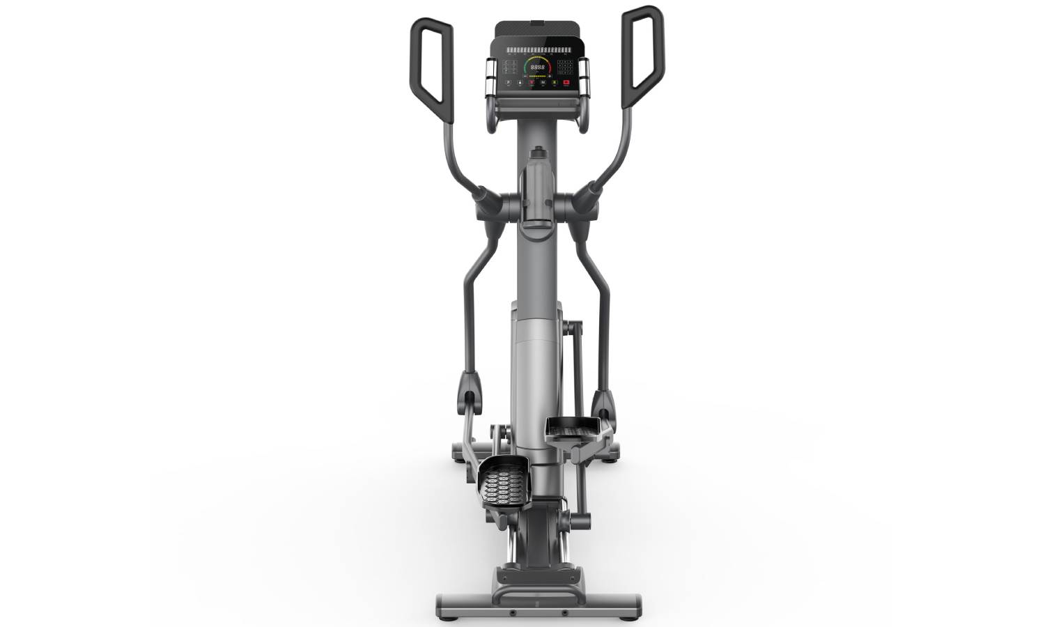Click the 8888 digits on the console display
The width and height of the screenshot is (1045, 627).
(537, 68)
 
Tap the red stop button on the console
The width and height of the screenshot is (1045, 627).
(566, 83)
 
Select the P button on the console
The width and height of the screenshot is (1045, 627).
(508, 83)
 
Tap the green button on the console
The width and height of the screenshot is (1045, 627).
(555, 83)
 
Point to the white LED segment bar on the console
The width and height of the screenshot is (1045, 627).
(537, 50)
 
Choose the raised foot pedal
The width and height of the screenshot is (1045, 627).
(573, 428)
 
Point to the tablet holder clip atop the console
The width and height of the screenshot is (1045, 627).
(537, 24)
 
